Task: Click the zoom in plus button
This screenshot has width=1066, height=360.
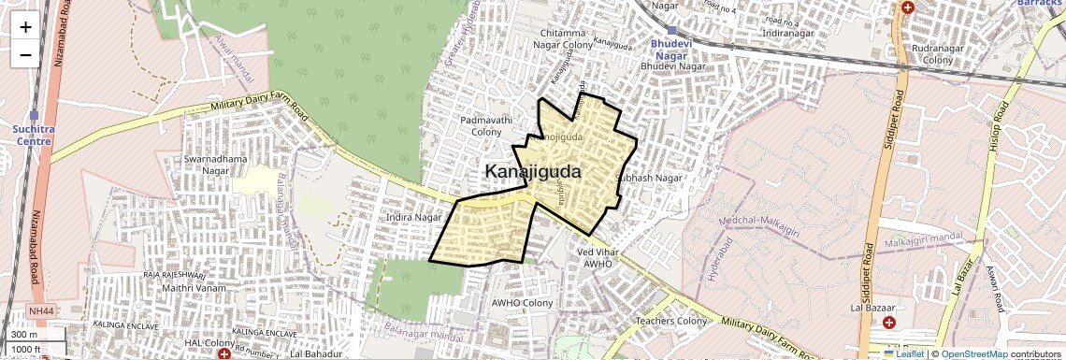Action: coord(25,26)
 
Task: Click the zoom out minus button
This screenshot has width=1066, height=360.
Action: coord(25,54)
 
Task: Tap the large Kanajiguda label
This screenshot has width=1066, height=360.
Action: coord(533,172)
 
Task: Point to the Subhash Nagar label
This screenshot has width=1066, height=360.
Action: coord(649,178)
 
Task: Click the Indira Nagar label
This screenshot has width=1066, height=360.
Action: coord(412,217)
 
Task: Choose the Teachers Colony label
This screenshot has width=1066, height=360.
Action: coord(671,321)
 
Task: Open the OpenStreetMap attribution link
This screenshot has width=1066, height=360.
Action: coord(973,353)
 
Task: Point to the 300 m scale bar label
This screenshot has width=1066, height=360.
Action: coord(24,335)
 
